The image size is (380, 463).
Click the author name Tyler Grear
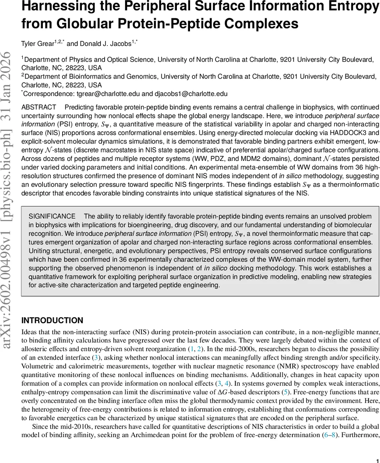pyautogui.click(x=37, y=44)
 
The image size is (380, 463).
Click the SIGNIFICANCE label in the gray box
pyautogui.click(x=52, y=216)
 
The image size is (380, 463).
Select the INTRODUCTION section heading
pyautogui.click(x=52, y=321)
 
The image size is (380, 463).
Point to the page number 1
pyautogui.click(x=377, y=460)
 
